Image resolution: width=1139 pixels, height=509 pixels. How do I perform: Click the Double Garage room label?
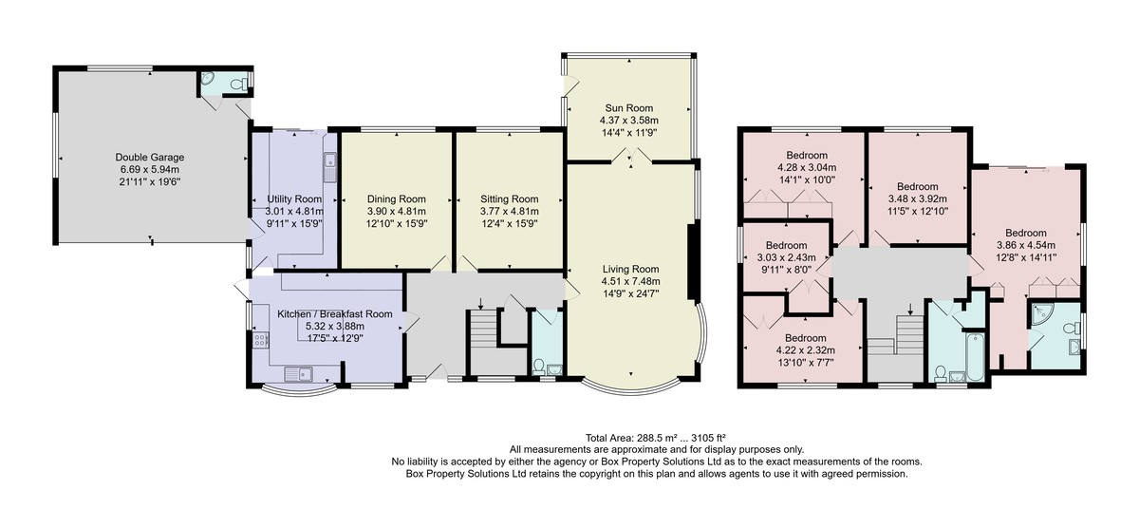(x=150, y=157)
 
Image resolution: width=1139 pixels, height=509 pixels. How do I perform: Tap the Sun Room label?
(x=629, y=108)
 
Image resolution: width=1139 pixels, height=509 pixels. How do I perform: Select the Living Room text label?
(x=630, y=269)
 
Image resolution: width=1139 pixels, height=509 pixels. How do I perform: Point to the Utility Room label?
(x=294, y=198)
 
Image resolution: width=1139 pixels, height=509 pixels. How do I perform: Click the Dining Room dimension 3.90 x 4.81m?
(x=397, y=211)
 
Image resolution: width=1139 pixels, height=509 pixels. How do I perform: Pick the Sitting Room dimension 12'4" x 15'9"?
(x=510, y=223)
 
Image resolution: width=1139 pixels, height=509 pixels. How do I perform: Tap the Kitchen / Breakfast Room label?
(x=334, y=314)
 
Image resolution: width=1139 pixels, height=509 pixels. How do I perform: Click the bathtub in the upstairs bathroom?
(x=976, y=356)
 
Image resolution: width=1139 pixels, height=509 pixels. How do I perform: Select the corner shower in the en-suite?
(x=1040, y=314)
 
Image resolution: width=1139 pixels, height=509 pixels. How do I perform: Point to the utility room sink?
(x=329, y=167)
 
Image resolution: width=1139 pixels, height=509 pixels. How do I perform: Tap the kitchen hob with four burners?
(x=260, y=339)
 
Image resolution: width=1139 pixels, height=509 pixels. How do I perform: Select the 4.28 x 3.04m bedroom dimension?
(x=807, y=167)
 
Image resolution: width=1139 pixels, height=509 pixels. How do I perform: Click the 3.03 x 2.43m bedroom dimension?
(x=786, y=257)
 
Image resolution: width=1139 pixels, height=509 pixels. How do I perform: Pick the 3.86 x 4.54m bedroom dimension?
(x=1026, y=245)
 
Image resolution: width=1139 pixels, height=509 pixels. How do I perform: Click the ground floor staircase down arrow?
(x=481, y=303)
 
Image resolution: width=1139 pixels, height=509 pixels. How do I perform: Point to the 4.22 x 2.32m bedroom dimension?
(x=806, y=350)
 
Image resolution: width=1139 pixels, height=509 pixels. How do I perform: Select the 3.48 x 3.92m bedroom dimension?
(x=917, y=198)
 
